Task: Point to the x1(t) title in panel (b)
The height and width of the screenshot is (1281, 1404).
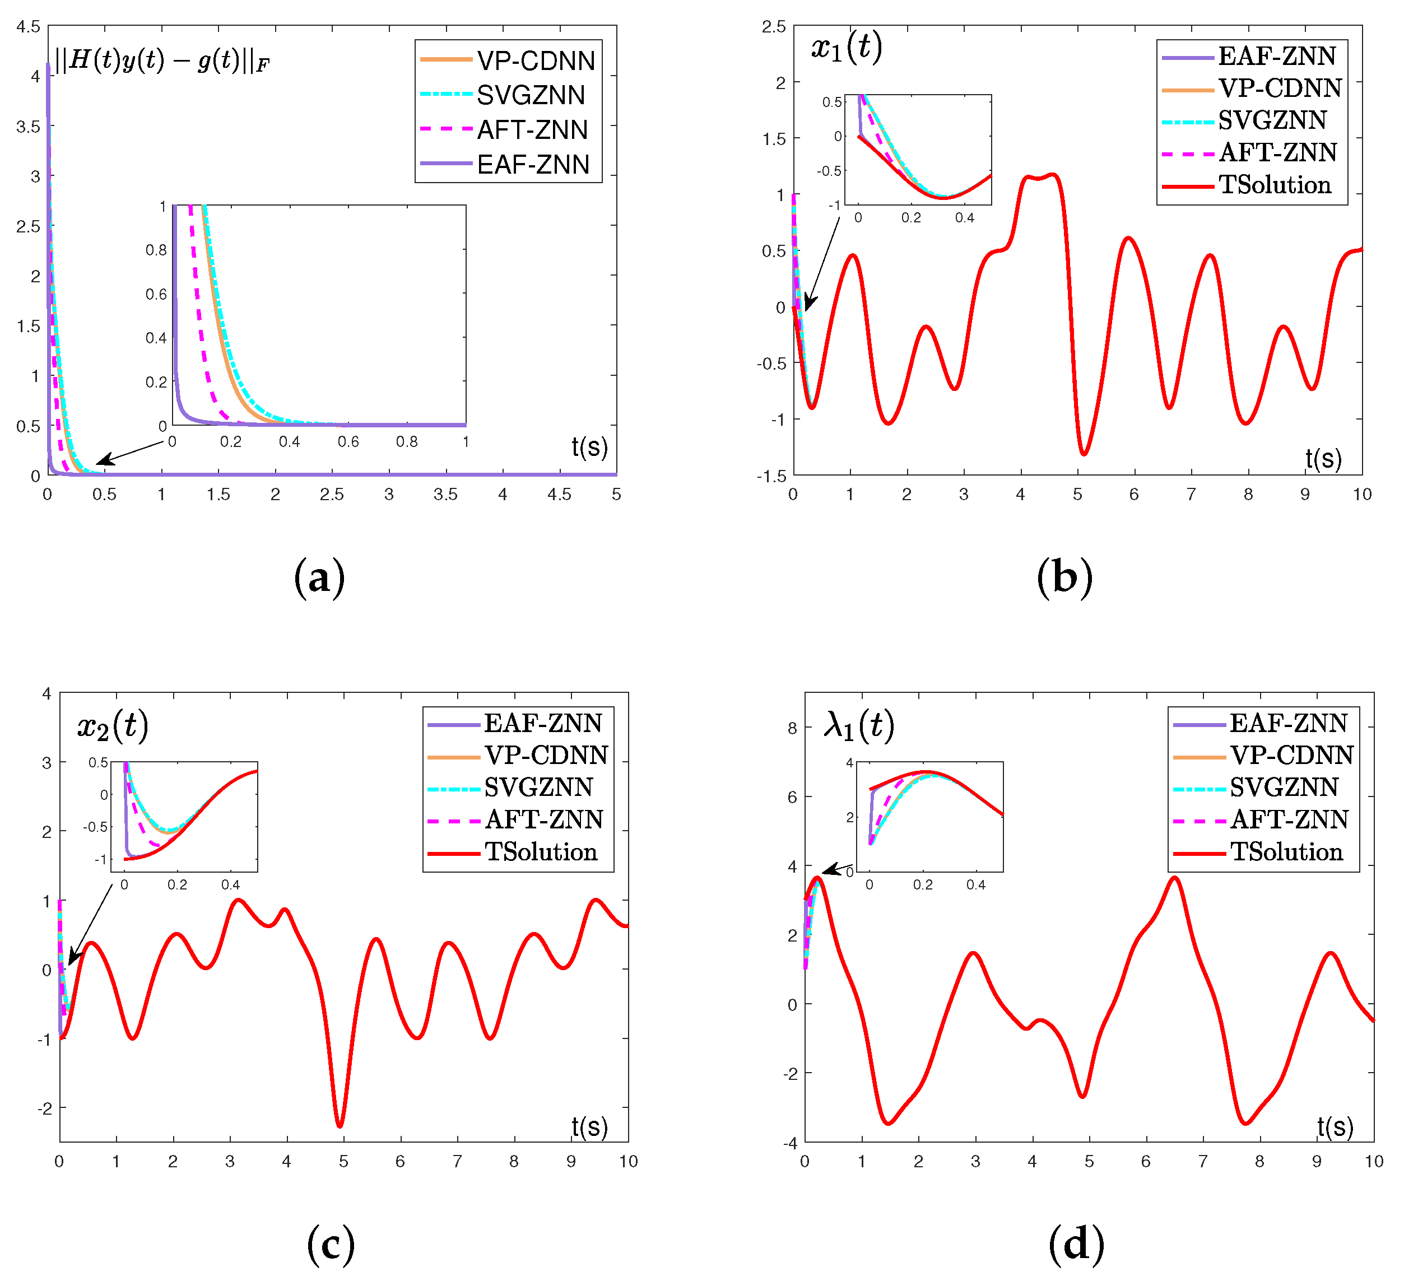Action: click(x=846, y=48)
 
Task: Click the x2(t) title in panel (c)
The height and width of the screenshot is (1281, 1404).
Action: click(x=113, y=726)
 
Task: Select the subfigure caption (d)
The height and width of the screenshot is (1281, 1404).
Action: click(x=1076, y=1245)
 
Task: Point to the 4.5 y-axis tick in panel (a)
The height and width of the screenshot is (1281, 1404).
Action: click(x=29, y=26)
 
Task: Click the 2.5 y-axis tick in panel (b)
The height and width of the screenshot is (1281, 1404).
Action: click(x=773, y=26)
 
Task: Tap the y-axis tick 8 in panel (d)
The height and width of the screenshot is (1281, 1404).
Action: click(x=792, y=728)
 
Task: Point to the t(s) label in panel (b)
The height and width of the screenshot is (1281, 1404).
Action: click(x=1323, y=458)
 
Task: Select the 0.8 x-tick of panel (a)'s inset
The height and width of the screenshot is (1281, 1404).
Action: click(x=407, y=442)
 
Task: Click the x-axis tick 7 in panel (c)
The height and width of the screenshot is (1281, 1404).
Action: click(x=457, y=1161)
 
